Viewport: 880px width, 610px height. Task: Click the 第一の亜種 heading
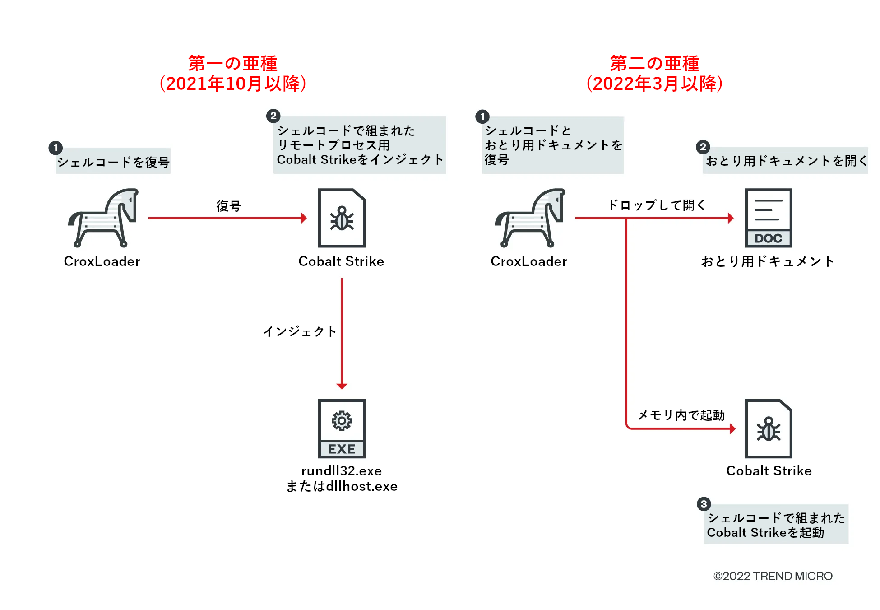tap(232, 63)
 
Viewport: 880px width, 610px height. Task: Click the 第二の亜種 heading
tap(654, 63)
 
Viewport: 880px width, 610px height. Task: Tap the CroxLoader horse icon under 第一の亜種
tap(104, 218)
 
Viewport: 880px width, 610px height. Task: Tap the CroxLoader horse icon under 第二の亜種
tap(531, 218)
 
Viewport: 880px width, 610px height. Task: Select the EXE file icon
tap(342, 428)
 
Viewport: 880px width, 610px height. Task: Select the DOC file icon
tap(768, 218)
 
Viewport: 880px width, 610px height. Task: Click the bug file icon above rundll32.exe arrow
tap(342, 218)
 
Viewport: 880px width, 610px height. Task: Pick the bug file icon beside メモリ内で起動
tap(768, 428)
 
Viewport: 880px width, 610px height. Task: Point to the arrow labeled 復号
tap(228, 218)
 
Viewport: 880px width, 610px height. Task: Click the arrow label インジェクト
tap(300, 331)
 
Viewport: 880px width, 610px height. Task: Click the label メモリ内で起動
tap(681, 415)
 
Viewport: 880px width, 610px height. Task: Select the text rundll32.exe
tap(342, 471)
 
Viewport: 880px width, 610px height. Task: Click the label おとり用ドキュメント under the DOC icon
tap(768, 261)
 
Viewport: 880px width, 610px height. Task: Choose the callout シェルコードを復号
tap(113, 162)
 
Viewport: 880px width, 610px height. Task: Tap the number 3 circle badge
tap(704, 504)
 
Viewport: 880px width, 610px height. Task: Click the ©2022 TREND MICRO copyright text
tap(773, 576)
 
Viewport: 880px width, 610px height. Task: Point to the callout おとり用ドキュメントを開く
tap(786, 161)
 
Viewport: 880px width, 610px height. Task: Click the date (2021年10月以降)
tap(232, 84)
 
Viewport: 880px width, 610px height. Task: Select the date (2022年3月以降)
tap(654, 84)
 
